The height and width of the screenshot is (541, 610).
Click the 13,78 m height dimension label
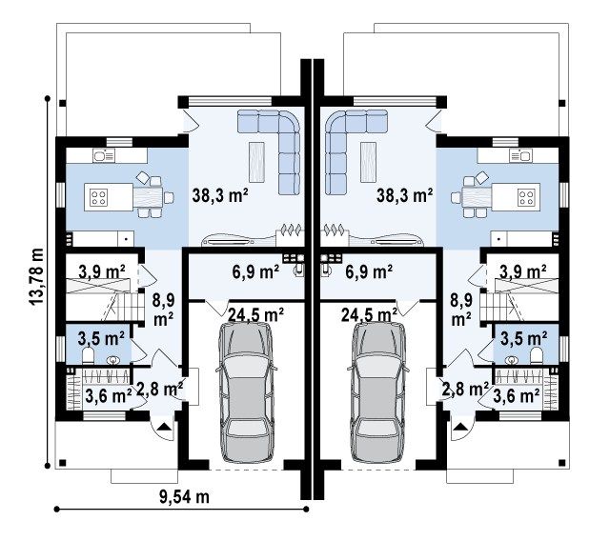pos(36,276)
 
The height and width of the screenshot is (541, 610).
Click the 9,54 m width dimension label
pos(184,496)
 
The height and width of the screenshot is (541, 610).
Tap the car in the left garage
pos(246,392)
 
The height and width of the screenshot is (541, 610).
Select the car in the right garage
pos(379,392)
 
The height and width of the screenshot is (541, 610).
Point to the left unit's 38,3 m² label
pos(220,195)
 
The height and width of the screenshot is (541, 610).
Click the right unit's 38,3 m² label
pos(404,195)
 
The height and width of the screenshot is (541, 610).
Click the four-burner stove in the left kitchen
pos(99,197)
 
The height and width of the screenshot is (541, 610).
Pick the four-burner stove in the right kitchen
pos(526,197)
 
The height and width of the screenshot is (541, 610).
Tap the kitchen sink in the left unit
pos(104,156)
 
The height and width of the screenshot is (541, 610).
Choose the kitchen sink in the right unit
pos(521,156)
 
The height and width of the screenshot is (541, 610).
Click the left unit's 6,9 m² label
pos(255,271)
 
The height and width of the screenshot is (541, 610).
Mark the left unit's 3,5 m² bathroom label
pos(101,338)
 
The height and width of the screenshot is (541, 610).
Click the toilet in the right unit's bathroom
pos(537,355)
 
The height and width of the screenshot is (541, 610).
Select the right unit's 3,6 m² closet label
pos(517,396)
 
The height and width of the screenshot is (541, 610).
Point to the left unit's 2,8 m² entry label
pos(160,389)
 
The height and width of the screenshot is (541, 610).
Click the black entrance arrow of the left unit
pos(164,427)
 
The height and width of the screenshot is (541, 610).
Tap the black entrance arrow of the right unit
pos(460,427)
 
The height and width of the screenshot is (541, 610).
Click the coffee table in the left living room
pos(256,163)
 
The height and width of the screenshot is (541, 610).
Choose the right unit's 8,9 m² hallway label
pos(461,310)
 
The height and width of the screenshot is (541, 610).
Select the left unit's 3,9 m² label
pos(102,271)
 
